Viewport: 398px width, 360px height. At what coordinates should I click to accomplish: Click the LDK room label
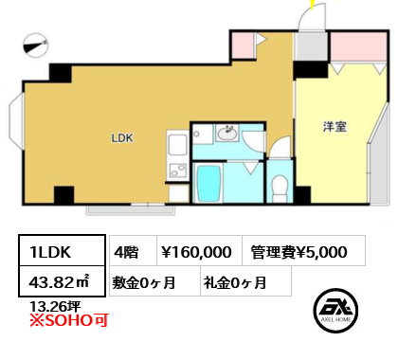point(122,138)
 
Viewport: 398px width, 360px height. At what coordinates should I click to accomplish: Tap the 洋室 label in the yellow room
point(335,126)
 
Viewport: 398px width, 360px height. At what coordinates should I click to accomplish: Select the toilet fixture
point(280,189)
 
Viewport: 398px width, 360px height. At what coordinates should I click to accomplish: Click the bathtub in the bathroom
point(208,184)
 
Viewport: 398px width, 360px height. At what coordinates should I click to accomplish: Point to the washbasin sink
point(226,134)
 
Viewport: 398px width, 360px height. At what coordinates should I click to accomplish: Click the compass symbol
point(35,45)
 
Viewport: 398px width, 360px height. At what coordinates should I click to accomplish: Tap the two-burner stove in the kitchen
point(178,170)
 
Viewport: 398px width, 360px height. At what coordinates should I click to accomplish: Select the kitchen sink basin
point(177,144)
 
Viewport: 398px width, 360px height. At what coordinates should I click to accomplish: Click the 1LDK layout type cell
point(62,251)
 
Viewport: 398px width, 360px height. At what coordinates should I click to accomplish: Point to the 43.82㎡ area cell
point(62,281)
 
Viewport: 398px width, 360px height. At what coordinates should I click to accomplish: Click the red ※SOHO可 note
point(69,320)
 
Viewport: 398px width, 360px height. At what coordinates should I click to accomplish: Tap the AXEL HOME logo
point(335,311)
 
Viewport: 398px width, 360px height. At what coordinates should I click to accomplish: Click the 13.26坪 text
point(55,306)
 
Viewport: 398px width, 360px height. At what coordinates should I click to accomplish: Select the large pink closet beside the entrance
point(358,46)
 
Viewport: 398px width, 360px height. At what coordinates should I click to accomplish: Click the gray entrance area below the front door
point(312,46)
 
